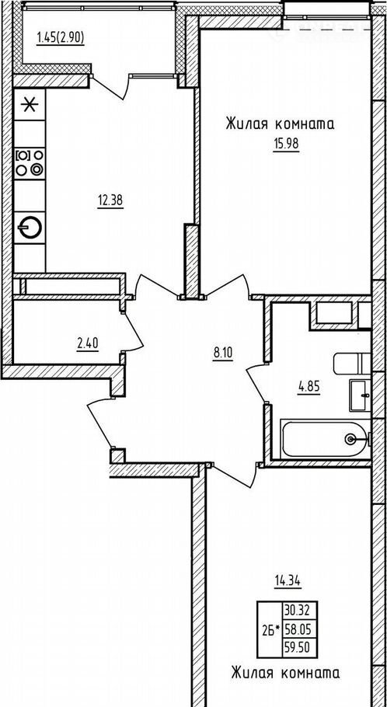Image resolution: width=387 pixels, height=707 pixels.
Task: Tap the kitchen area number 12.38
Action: pyautogui.click(x=110, y=200)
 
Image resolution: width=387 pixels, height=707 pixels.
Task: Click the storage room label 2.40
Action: pyautogui.click(x=88, y=344)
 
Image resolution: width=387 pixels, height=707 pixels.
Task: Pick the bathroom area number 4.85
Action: pyautogui.click(x=309, y=388)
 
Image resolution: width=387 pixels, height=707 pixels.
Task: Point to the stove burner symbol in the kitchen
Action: pyautogui.click(x=30, y=163)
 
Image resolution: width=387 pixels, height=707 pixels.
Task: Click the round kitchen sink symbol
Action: pyautogui.click(x=30, y=228)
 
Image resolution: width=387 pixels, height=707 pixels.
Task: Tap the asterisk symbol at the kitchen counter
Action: pyautogui.click(x=30, y=105)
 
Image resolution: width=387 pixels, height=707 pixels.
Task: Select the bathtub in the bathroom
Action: pyautogui.click(x=325, y=439)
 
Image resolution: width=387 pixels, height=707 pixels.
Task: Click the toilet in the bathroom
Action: pyautogui.click(x=352, y=364)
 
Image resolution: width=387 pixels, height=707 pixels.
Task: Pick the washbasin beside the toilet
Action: pyautogui.click(x=360, y=395)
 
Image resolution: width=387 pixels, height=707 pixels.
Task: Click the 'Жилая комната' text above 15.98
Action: pyautogui.click(x=280, y=124)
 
